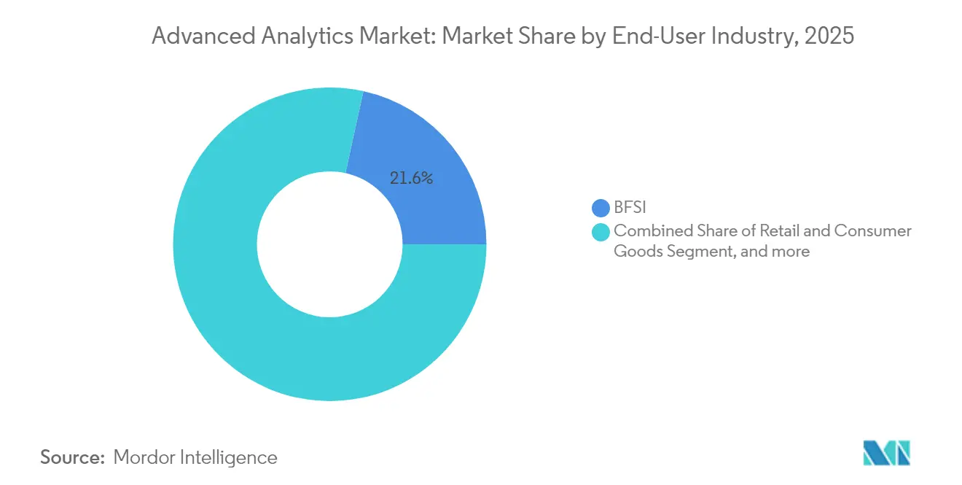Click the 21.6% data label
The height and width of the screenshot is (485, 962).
(x=411, y=178)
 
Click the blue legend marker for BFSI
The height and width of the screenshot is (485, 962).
(x=601, y=209)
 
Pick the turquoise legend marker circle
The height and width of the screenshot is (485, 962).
(x=601, y=232)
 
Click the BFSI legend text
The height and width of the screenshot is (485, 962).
(x=630, y=209)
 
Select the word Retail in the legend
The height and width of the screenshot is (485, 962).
(x=777, y=231)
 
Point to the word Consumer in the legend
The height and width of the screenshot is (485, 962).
(x=872, y=231)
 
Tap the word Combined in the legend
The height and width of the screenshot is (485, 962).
(x=646, y=231)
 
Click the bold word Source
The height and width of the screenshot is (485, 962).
(x=72, y=457)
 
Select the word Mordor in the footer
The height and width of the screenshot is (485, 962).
(x=142, y=457)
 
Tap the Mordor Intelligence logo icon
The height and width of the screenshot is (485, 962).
(x=886, y=453)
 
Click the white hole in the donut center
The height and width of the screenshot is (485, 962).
(x=329, y=244)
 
